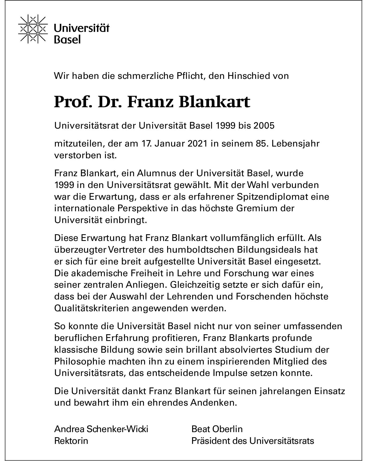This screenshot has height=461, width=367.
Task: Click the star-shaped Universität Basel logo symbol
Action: tap(33, 29)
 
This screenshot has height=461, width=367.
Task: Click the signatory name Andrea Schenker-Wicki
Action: tap(101, 429)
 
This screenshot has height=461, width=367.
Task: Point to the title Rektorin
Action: tap(71, 441)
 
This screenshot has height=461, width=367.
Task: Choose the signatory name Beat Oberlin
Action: tap(217, 429)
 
